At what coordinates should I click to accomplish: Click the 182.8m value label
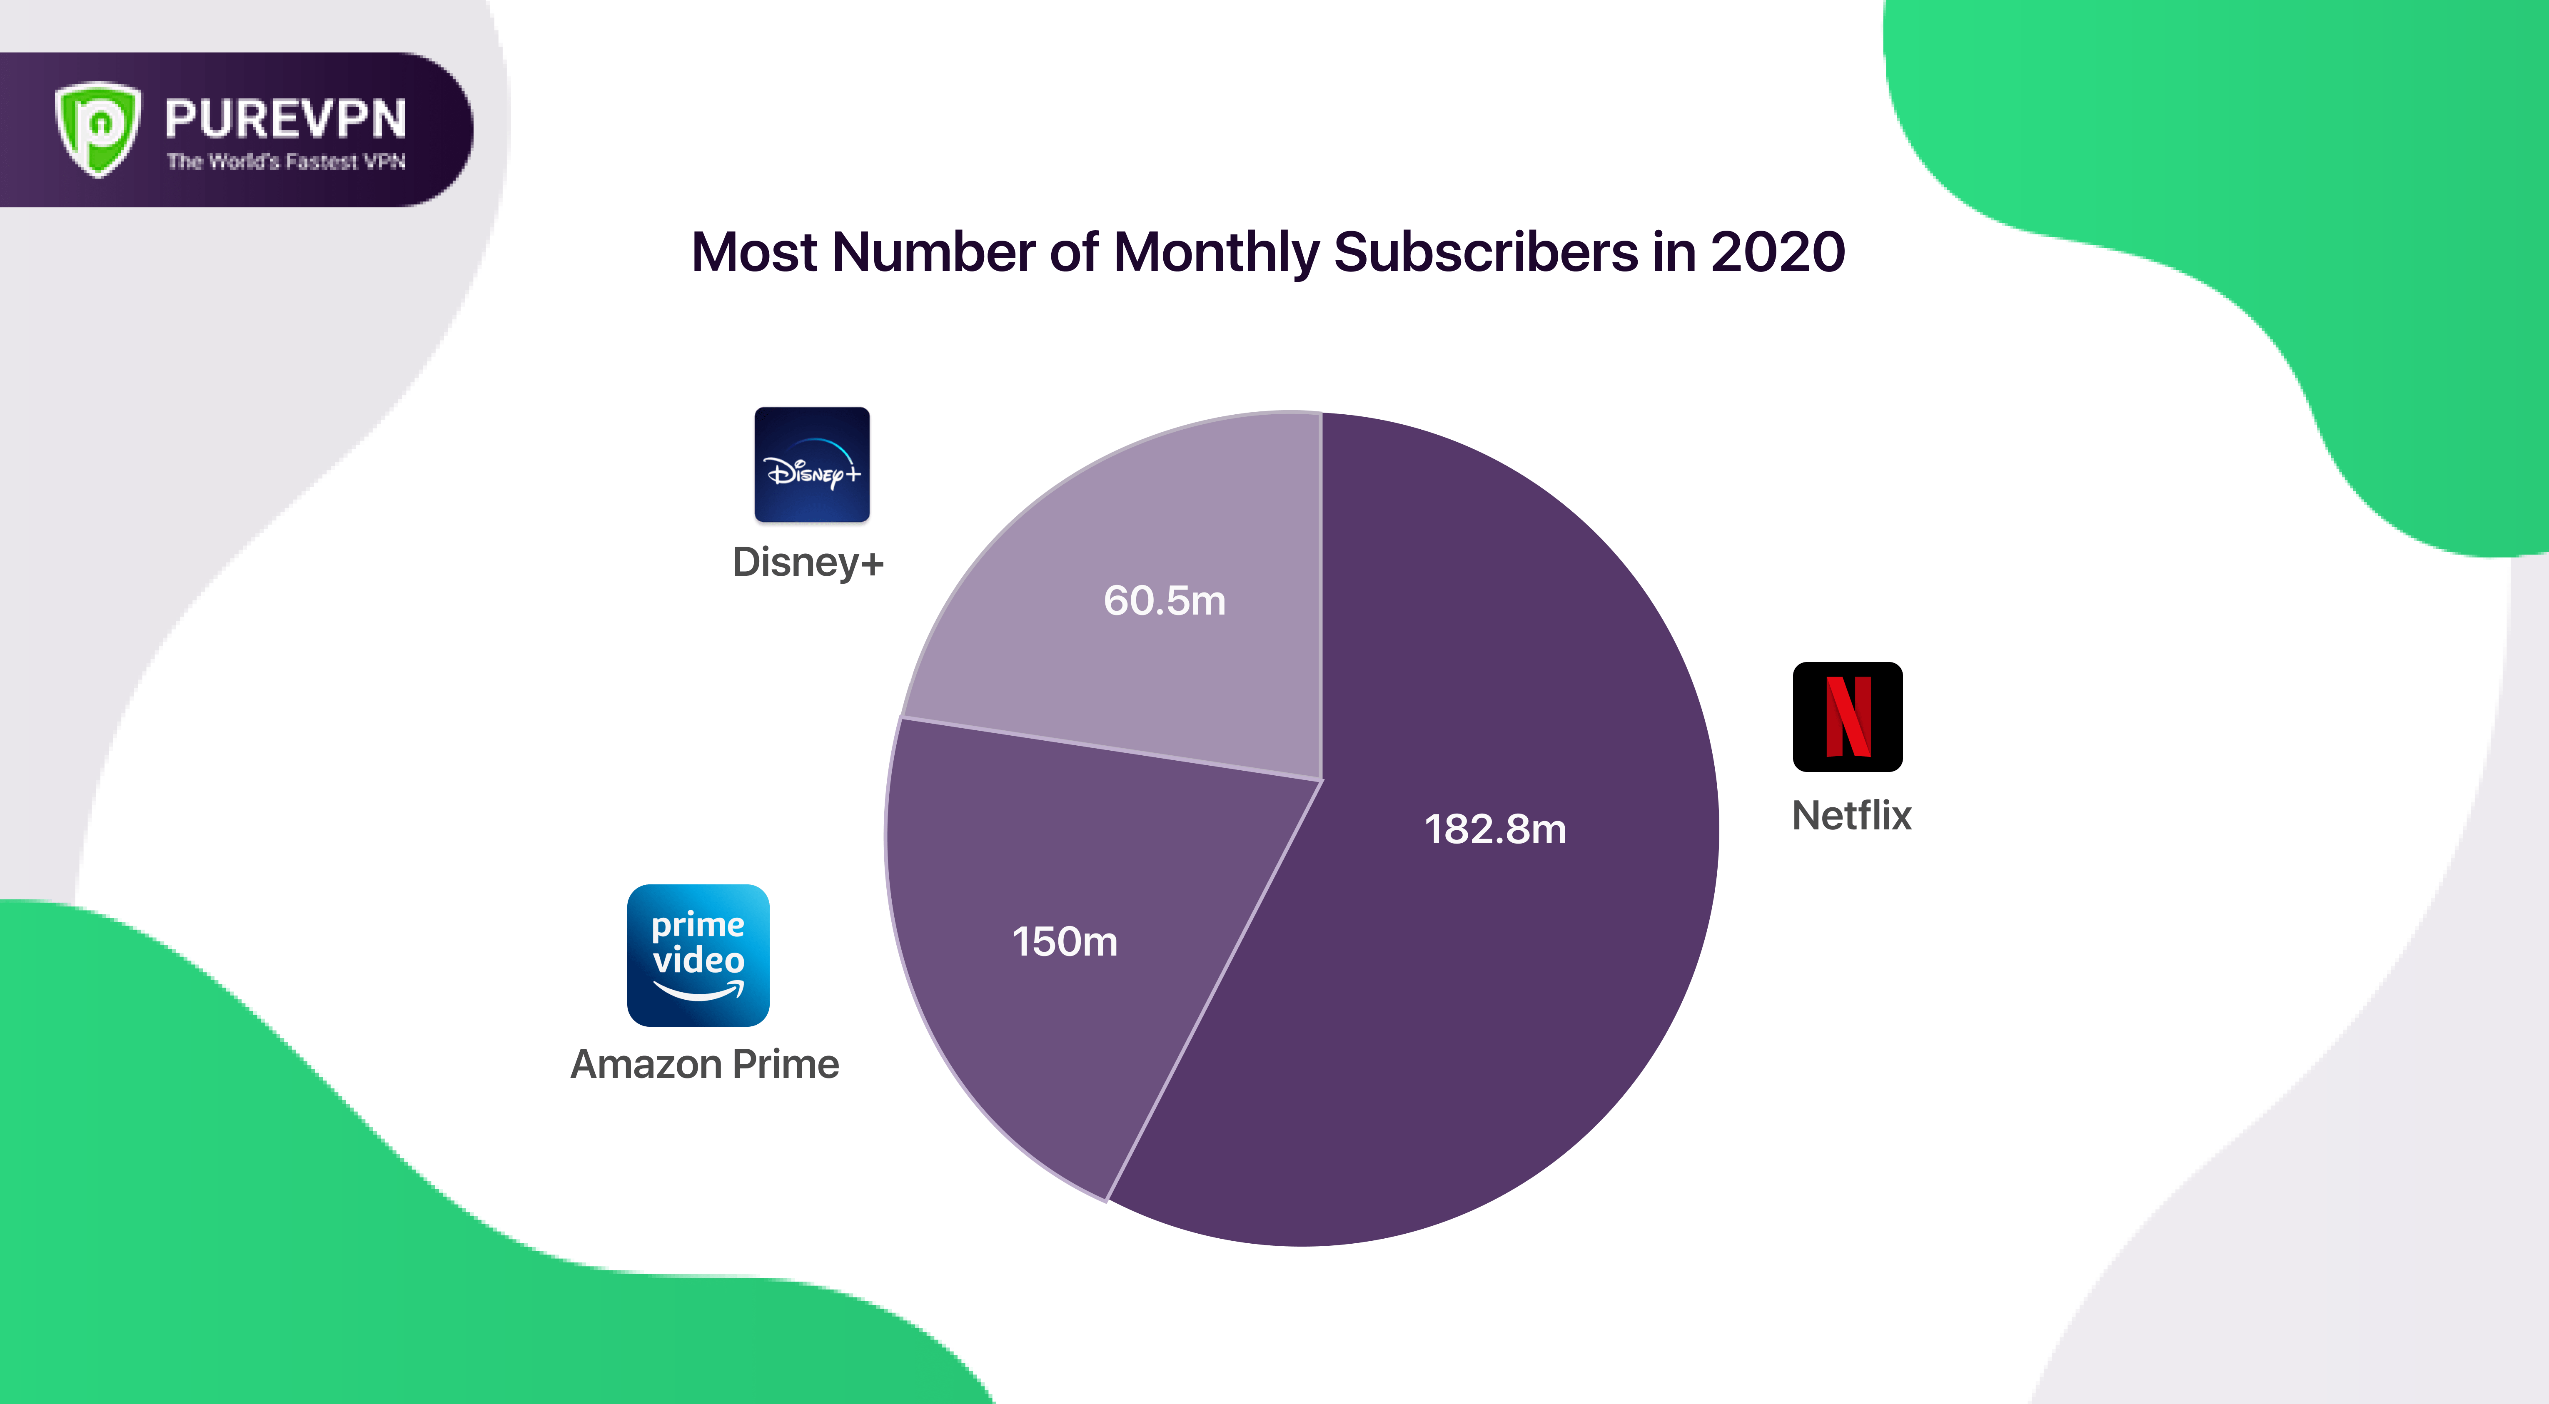point(1495,829)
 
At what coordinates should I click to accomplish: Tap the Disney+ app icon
point(811,464)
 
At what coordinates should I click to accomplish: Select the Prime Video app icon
point(698,955)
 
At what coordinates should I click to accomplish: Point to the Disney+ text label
point(808,562)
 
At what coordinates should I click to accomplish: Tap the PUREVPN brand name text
point(285,119)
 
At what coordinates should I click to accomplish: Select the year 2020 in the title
point(1777,252)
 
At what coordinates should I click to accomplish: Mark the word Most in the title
point(754,252)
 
